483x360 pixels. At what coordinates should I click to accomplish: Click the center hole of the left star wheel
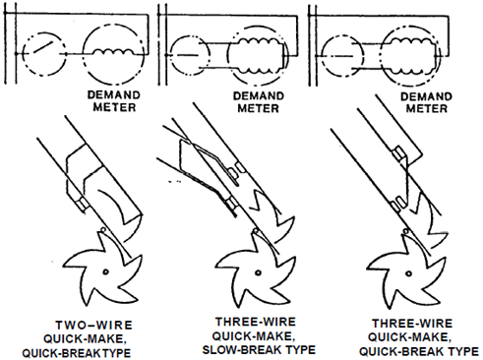pyautogui.click(x=105, y=271)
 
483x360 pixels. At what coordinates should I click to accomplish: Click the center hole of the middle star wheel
pyautogui.click(x=258, y=272)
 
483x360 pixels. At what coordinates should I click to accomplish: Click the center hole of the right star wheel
pyautogui.click(x=408, y=273)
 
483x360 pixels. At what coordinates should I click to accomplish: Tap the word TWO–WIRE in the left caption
pyautogui.click(x=94, y=326)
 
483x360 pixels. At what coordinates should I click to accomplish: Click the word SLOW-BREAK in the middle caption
pyautogui.click(x=240, y=350)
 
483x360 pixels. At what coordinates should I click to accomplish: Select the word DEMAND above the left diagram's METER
pyautogui.click(x=114, y=95)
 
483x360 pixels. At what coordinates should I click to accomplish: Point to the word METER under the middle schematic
pyautogui.click(x=258, y=108)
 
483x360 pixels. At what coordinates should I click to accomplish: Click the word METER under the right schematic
pyautogui.click(x=427, y=108)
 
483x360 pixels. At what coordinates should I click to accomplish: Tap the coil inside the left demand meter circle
pyautogui.click(x=113, y=52)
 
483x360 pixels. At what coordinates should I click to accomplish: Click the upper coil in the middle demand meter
pyautogui.click(x=259, y=42)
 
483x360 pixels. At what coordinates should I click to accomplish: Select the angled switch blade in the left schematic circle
pyautogui.click(x=42, y=47)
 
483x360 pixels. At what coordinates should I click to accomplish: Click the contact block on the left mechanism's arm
pyautogui.click(x=83, y=205)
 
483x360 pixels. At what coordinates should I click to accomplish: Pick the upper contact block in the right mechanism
pyautogui.click(x=398, y=153)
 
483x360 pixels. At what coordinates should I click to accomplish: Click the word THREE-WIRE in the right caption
pyautogui.click(x=412, y=324)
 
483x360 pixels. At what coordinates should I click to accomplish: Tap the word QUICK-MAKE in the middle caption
pyautogui.click(x=252, y=336)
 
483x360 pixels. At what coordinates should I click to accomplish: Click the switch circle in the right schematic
pyautogui.click(x=342, y=56)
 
